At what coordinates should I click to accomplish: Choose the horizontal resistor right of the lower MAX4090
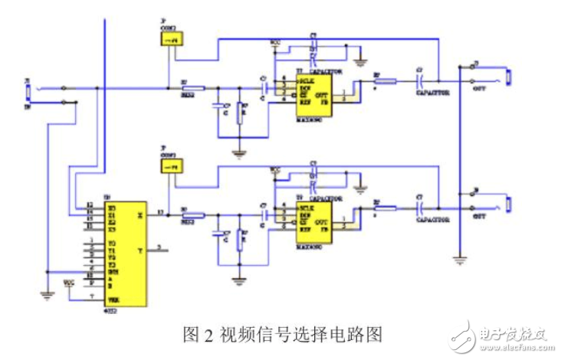click(x=384, y=208)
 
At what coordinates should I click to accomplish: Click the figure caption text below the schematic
click(x=282, y=334)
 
